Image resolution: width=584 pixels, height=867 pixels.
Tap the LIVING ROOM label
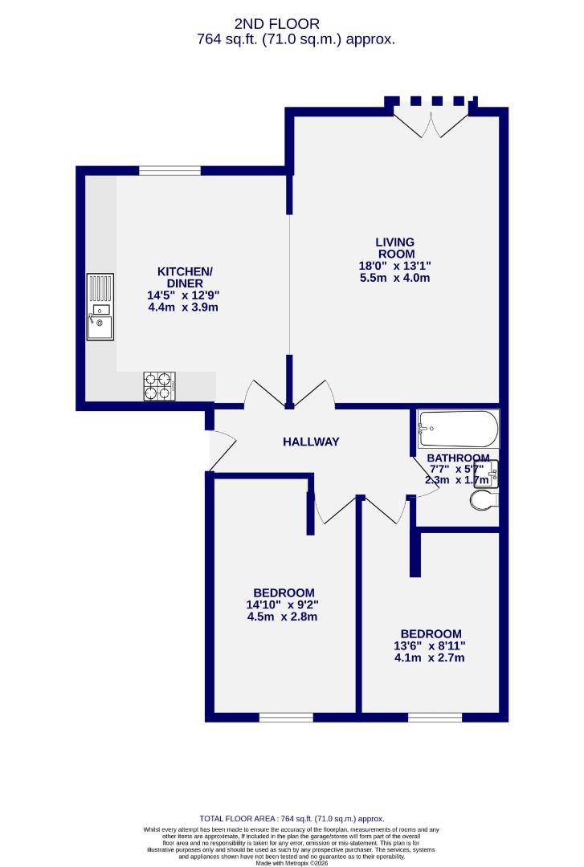tap(394, 248)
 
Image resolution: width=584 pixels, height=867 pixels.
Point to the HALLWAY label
tap(311, 442)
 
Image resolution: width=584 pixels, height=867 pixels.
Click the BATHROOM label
tap(458, 458)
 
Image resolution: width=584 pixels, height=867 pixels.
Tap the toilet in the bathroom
tap(484, 501)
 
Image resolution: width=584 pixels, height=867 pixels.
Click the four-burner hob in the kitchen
tap(159, 385)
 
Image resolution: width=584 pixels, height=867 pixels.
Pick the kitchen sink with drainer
tap(100, 307)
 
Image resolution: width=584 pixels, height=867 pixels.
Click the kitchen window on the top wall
tap(169, 170)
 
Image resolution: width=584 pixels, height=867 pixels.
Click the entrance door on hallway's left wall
tap(220, 450)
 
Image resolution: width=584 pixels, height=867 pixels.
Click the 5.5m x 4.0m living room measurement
tap(394, 279)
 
